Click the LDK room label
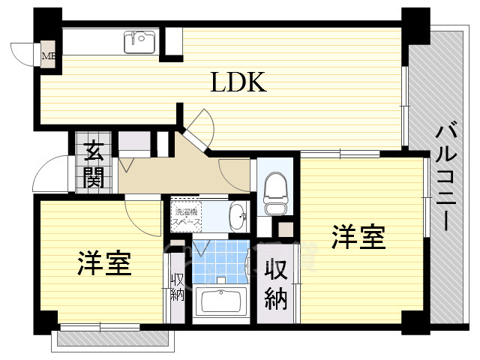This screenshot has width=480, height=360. [238, 82]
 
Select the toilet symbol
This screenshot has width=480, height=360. [274, 186]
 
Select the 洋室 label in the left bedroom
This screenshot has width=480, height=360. [103, 263]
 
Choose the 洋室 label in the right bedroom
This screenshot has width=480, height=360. [358, 237]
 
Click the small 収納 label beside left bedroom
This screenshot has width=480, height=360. [177, 287]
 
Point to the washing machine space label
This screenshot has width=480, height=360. [185, 215]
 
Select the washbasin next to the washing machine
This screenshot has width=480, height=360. [237, 215]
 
